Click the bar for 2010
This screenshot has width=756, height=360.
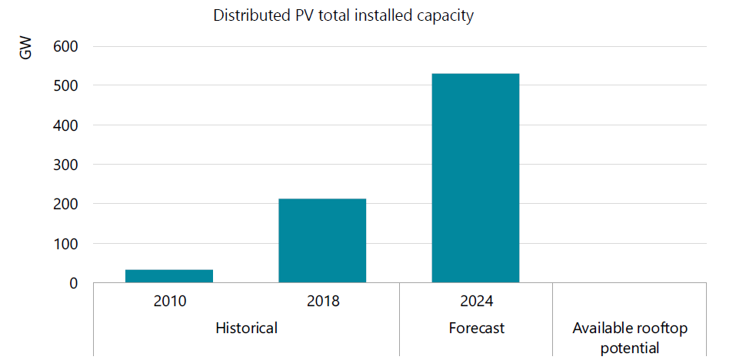169,276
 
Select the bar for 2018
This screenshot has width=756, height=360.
322,241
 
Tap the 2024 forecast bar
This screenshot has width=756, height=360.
475,178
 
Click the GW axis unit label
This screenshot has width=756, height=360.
26,51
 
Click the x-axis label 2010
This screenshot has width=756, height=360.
169,301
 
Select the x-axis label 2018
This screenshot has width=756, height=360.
322,301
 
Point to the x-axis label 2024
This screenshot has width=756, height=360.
475,301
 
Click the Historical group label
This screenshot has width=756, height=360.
245,328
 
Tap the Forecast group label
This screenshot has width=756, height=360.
476,328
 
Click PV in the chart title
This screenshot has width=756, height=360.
298,15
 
